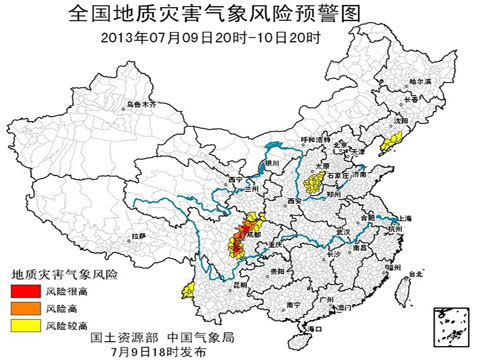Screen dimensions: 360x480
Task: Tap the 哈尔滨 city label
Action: (420, 79)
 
